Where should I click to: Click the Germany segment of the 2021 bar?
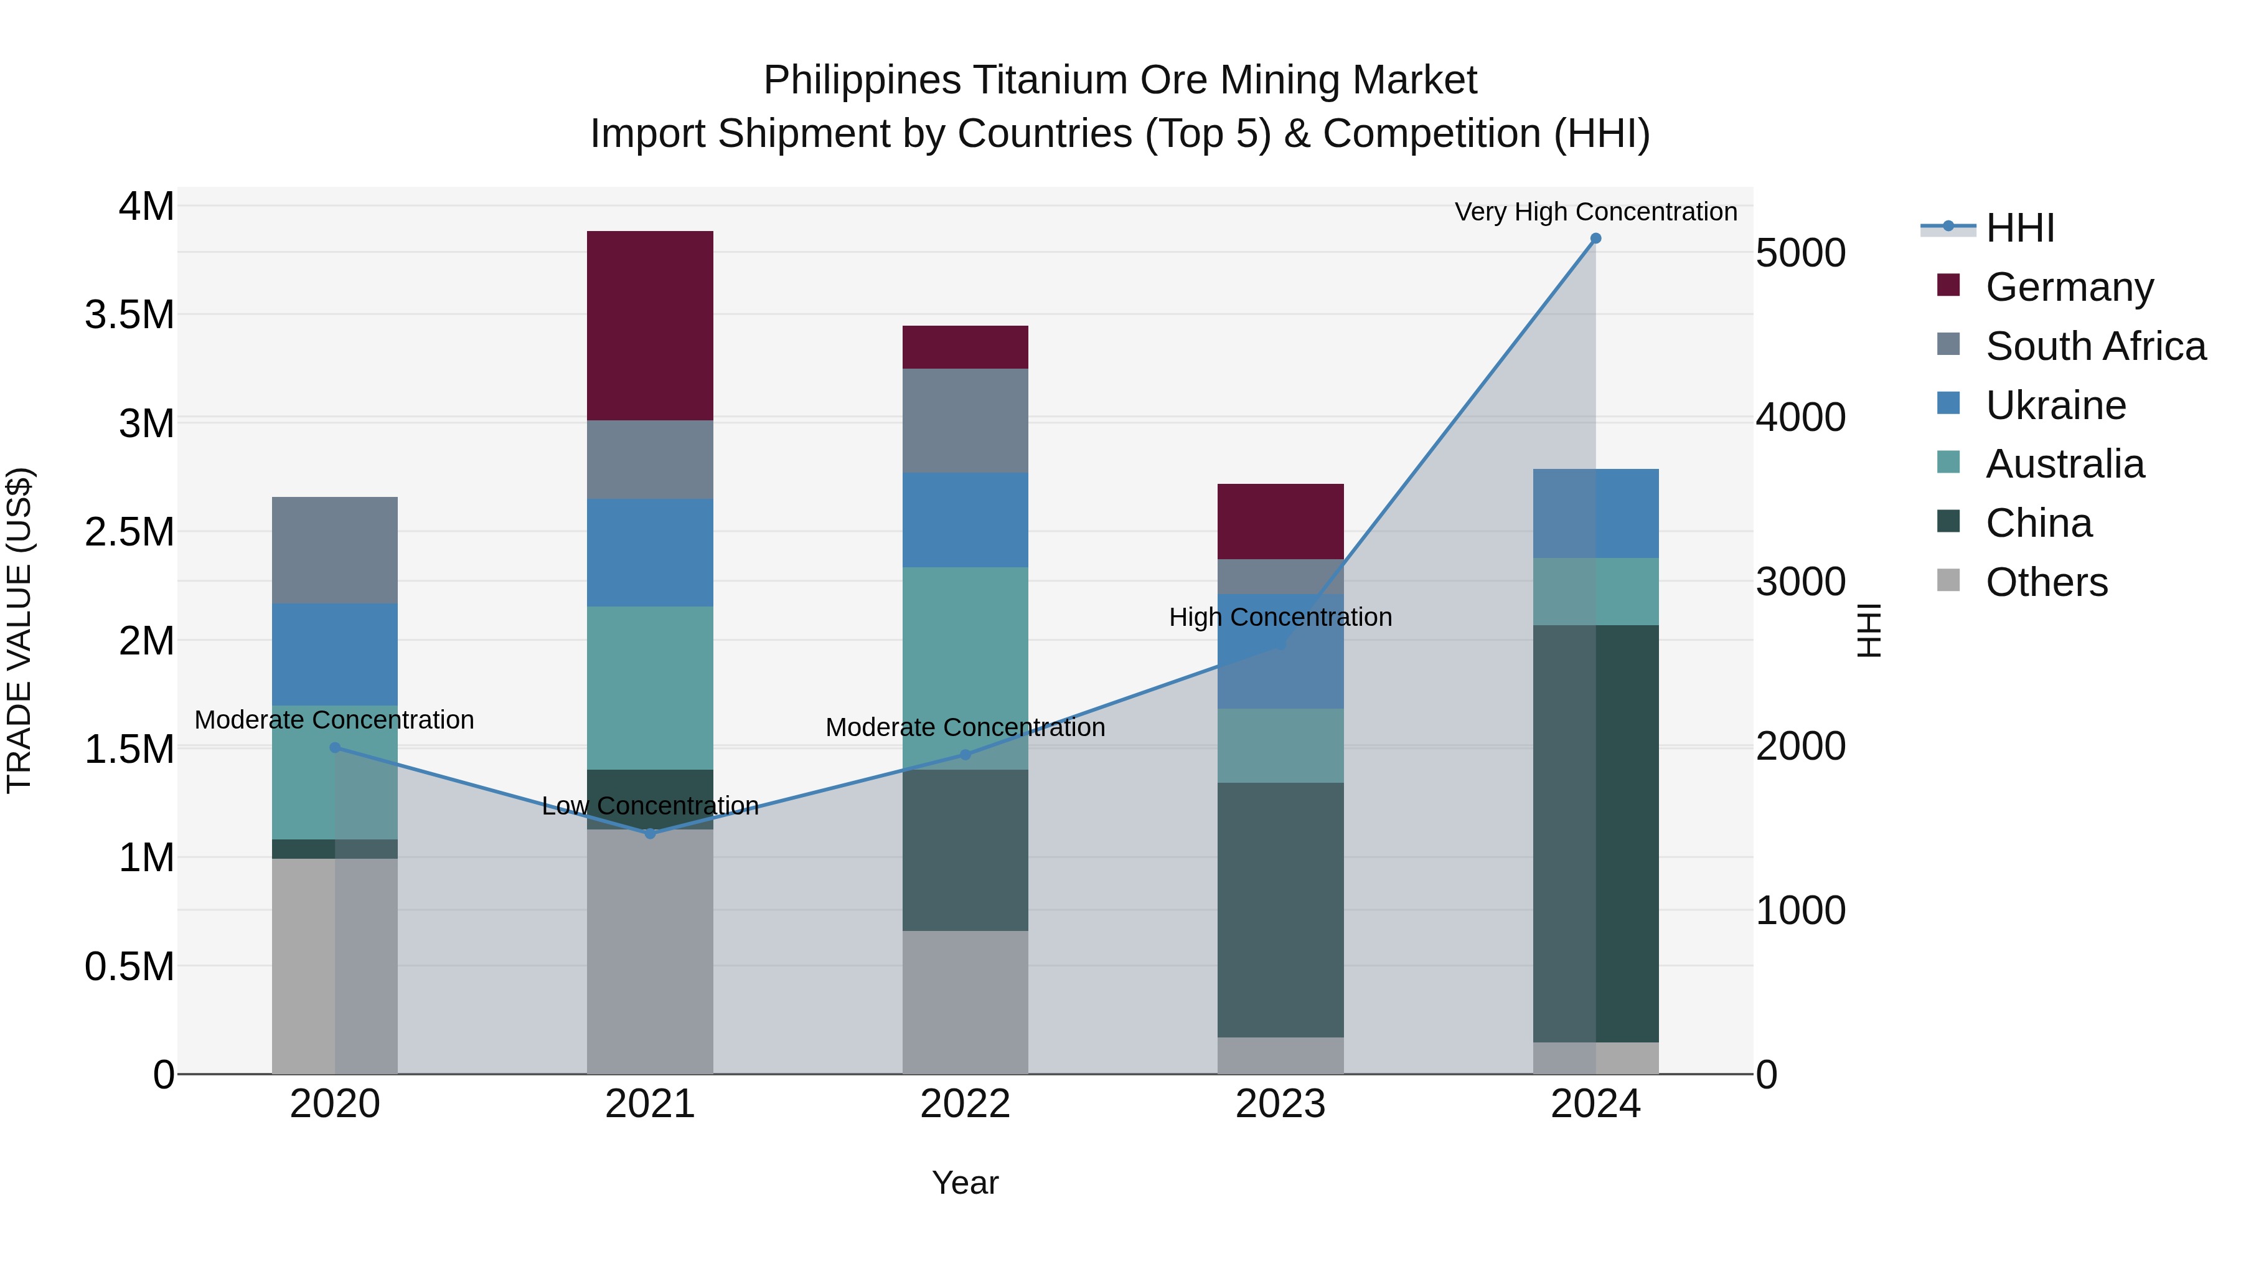pyautogui.click(x=650, y=326)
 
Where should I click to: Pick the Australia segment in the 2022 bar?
pyautogui.click(x=965, y=668)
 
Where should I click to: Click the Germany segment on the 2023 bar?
pyautogui.click(x=1280, y=521)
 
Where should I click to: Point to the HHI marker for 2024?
pyautogui.click(x=1595, y=239)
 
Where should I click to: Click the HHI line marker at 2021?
pyautogui.click(x=650, y=834)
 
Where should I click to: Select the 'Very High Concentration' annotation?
pyautogui.click(x=1595, y=212)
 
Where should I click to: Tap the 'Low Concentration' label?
pyautogui.click(x=650, y=806)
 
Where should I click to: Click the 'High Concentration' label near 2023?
pyautogui.click(x=1280, y=617)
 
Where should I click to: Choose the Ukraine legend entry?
pyautogui.click(x=2055, y=405)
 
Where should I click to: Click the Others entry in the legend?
pyautogui.click(x=2046, y=582)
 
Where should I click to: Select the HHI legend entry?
pyautogui.click(x=2019, y=228)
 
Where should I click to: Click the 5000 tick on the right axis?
pyautogui.click(x=1800, y=253)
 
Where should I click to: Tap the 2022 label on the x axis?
pyautogui.click(x=965, y=1104)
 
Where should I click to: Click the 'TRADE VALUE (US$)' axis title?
pyautogui.click(x=19, y=630)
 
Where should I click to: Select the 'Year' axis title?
pyautogui.click(x=965, y=1183)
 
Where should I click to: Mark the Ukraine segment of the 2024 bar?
pyautogui.click(x=1595, y=514)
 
